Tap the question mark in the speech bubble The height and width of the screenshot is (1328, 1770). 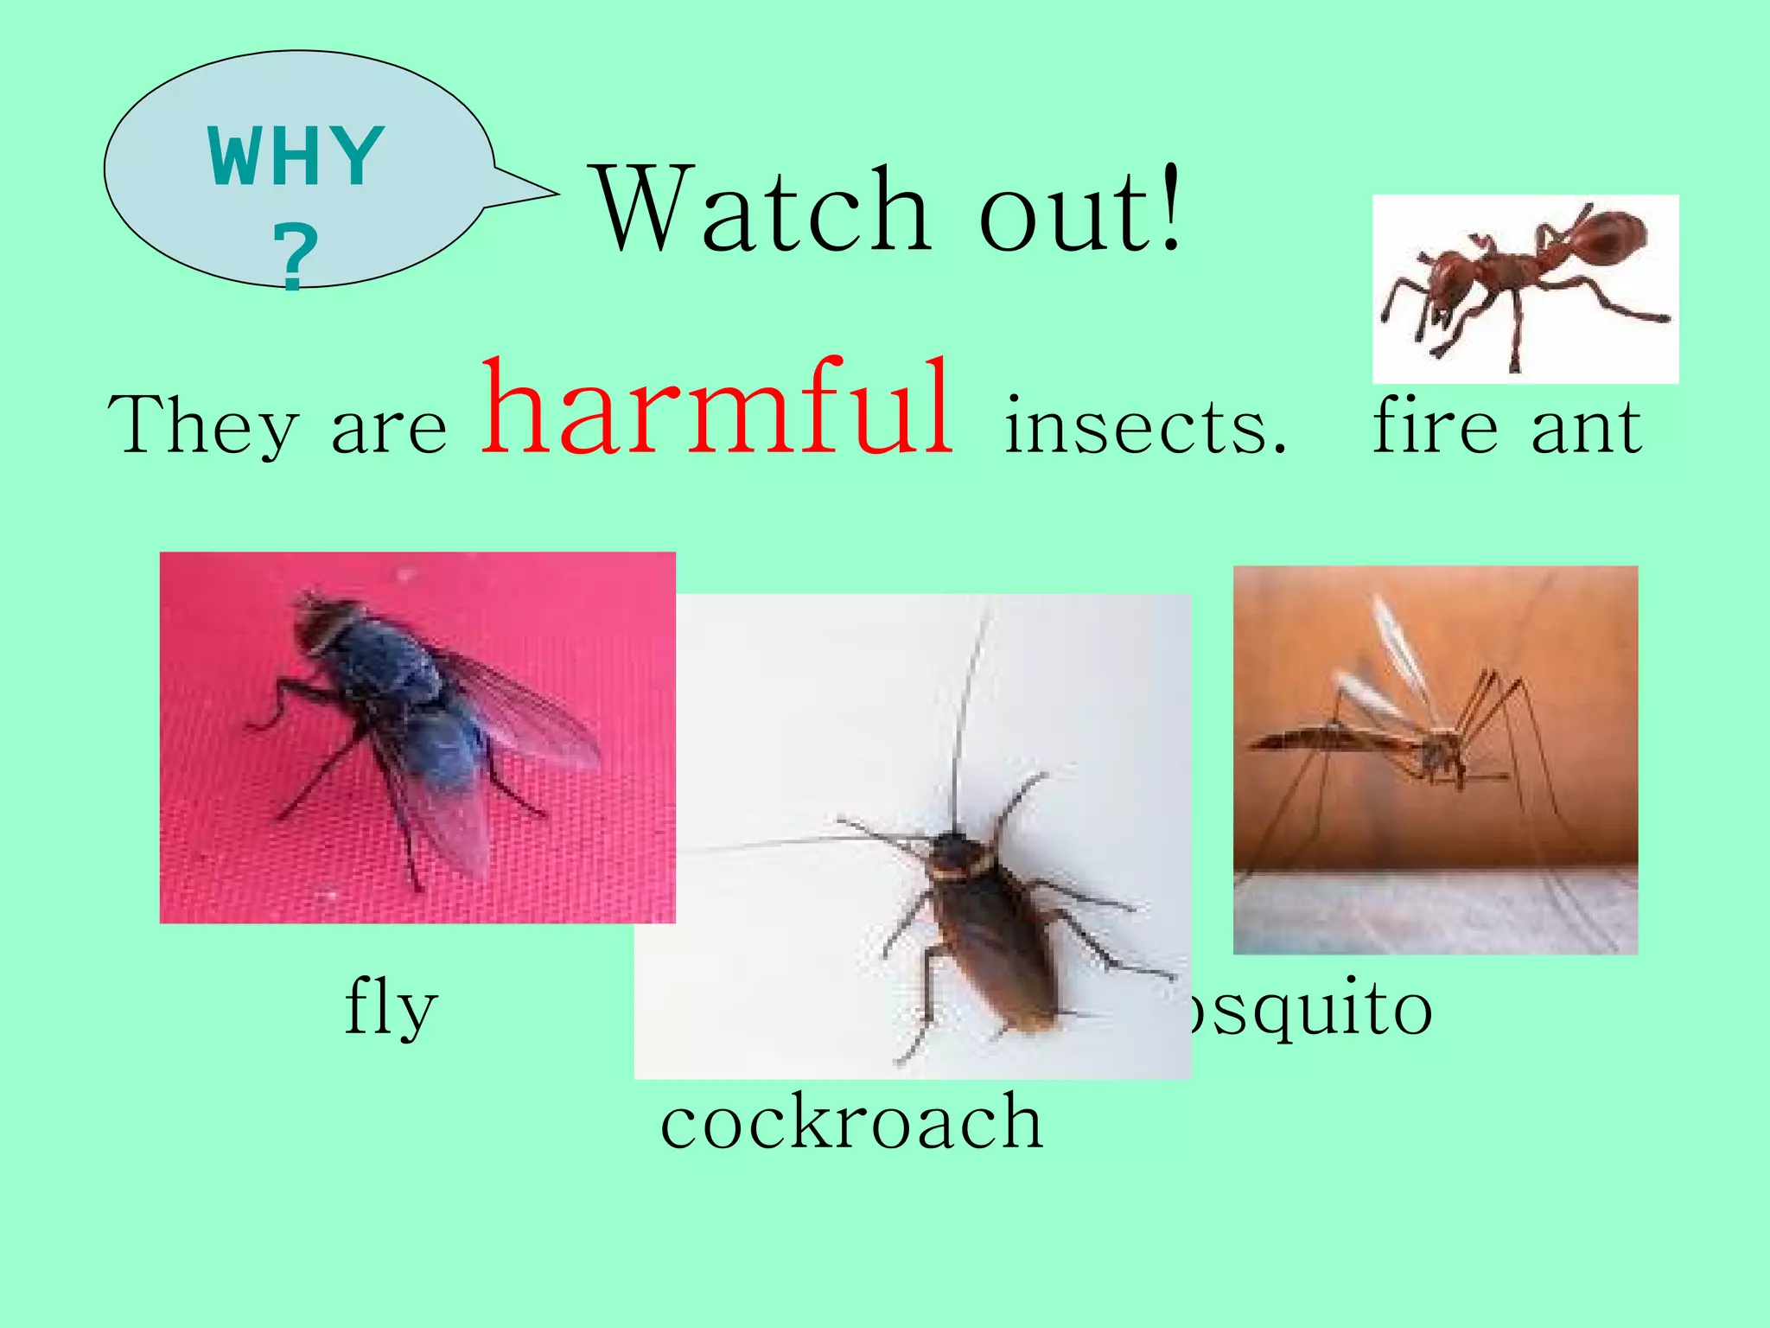(296, 256)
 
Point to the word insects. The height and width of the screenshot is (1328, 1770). (1145, 426)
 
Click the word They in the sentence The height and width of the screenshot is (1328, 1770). (203, 426)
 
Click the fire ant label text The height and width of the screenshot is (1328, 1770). (1507, 426)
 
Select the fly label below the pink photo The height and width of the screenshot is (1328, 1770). (391, 1008)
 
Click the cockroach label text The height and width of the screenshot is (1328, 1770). (851, 1121)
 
